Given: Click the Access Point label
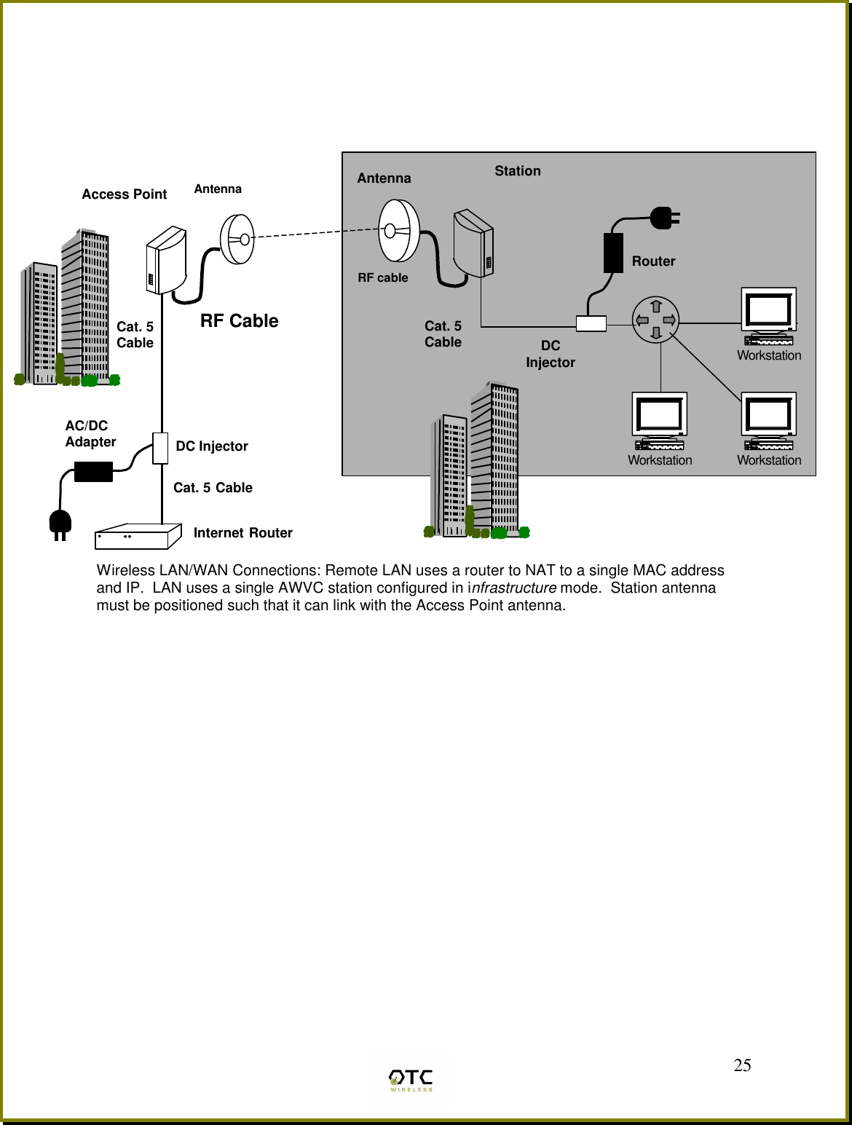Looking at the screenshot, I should [x=124, y=194].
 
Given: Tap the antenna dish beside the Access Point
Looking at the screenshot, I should [x=238, y=239].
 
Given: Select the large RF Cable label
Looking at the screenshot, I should [x=239, y=321].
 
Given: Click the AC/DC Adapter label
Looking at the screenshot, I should [x=90, y=434].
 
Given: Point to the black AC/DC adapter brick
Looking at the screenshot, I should [x=93, y=472].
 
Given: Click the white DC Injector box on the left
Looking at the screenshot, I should [x=160, y=448].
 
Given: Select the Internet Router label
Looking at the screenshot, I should [x=242, y=533].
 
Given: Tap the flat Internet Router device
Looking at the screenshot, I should [x=138, y=537].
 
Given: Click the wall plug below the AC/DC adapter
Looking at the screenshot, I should [x=60, y=524].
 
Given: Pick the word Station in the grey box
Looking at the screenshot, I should [x=518, y=171].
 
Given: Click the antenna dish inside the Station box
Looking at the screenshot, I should [x=399, y=231].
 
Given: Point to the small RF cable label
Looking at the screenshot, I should [x=383, y=278].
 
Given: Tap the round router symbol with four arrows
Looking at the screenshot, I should [x=655, y=320].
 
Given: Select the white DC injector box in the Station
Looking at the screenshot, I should [x=591, y=323].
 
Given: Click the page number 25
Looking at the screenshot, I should [x=742, y=1065].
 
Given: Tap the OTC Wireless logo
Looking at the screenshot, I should [x=411, y=1080].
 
